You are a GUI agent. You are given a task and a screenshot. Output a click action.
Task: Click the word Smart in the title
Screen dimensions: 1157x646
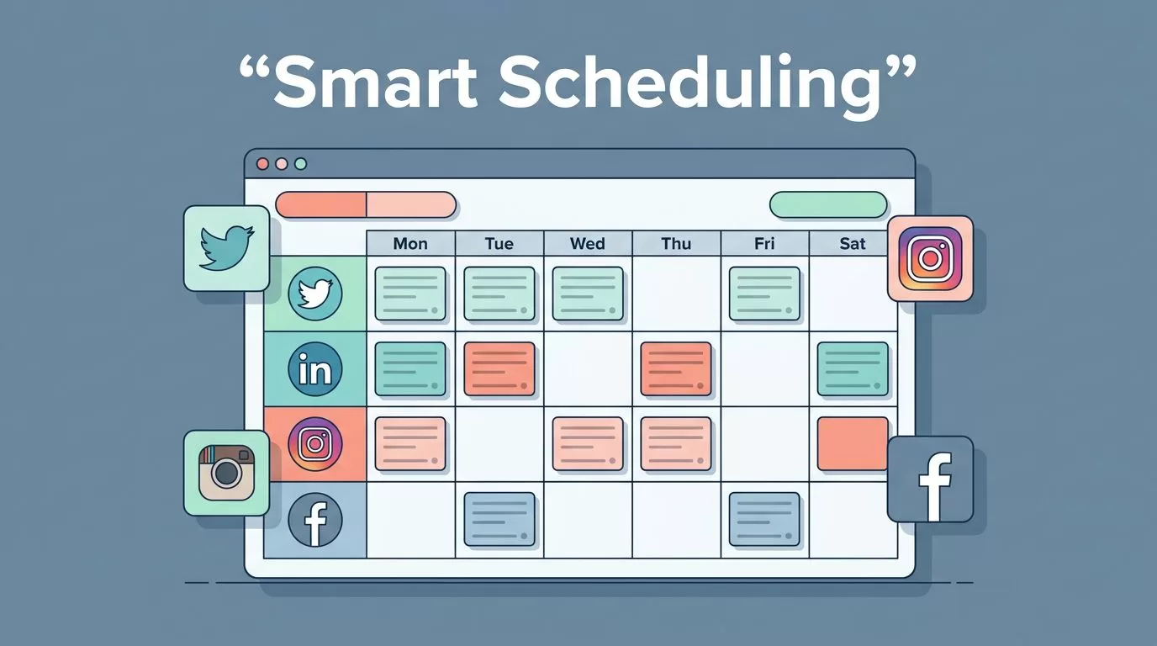click(376, 82)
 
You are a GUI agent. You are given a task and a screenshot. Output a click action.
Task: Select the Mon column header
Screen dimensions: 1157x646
click(410, 243)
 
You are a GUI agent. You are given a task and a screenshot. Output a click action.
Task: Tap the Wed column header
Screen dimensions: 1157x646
click(587, 243)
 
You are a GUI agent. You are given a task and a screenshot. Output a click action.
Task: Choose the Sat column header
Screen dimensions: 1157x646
click(853, 243)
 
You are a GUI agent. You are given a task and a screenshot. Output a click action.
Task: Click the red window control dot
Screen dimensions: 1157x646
click(262, 164)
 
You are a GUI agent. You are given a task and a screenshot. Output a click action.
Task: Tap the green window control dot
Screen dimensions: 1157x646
click(301, 164)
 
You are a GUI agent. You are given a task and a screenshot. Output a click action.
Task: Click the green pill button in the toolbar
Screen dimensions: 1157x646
click(828, 204)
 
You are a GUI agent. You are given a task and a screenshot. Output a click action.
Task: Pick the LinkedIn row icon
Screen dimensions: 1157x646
click(315, 369)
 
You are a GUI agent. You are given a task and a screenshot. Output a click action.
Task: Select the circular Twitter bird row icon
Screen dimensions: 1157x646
click(315, 294)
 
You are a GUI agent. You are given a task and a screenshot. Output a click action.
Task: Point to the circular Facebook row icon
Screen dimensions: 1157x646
click(315, 520)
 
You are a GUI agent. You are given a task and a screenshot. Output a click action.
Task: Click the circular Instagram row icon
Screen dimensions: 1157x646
click(315, 444)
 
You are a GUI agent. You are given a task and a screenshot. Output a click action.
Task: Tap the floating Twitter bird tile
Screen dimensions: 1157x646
click(227, 248)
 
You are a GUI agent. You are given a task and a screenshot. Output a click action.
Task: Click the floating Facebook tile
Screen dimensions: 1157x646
click(930, 479)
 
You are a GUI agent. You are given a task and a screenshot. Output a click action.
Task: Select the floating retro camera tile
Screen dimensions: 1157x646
click(227, 473)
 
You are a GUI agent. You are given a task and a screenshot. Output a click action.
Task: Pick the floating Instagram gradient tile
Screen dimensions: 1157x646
click(930, 258)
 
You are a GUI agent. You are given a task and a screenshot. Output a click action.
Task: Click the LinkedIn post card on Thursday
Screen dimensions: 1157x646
click(675, 369)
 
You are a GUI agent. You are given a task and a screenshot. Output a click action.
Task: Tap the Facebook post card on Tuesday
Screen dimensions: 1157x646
click(499, 519)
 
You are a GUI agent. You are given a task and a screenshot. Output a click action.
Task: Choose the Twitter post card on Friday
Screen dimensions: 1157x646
click(764, 294)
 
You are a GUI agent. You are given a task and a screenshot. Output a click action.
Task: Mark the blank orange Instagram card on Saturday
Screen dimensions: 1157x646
click(853, 444)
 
